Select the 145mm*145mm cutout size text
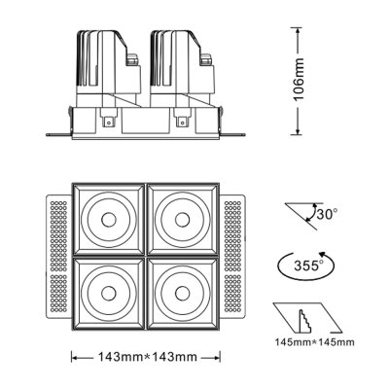(313, 342)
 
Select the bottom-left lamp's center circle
(108, 289)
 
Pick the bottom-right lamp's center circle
(183, 289)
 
